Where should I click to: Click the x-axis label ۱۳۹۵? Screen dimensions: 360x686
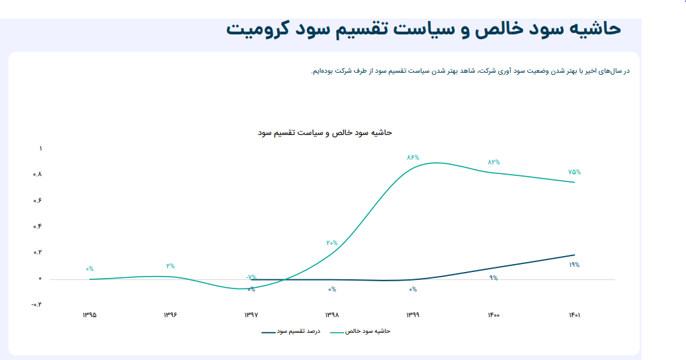pyautogui.click(x=89, y=315)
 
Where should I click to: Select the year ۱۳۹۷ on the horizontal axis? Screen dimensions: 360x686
pyautogui.click(x=251, y=315)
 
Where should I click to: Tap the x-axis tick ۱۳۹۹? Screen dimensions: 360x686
pyautogui.click(x=413, y=315)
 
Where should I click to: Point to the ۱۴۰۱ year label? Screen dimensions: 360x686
pyautogui.click(x=574, y=315)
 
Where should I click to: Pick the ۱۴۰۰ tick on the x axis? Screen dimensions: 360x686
pyautogui.click(x=493, y=315)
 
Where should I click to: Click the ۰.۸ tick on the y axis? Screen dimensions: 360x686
pyautogui.click(x=38, y=175)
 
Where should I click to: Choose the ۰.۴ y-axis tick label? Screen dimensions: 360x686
pyautogui.click(x=38, y=227)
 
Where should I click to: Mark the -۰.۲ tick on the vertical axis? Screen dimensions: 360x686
pyautogui.click(x=36, y=305)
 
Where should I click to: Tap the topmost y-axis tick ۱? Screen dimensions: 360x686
pyautogui.click(x=40, y=149)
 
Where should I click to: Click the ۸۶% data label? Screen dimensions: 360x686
pyautogui.click(x=413, y=157)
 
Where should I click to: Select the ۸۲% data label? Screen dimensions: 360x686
pyautogui.click(x=494, y=162)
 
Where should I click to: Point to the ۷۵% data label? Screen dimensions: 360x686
pyautogui.click(x=574, y=172)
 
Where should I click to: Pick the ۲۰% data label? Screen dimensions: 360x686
pyautogui.click(x=332, y=243)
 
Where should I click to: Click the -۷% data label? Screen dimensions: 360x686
pyautogui.click(x=251, y=277)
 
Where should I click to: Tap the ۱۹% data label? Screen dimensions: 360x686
pyautogui.click(x=574, y=265)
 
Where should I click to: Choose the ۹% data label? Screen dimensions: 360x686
pyautogui.click(x=493, y=278)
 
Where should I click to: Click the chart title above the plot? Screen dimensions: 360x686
pyautogui.click(x=325, y=132)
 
